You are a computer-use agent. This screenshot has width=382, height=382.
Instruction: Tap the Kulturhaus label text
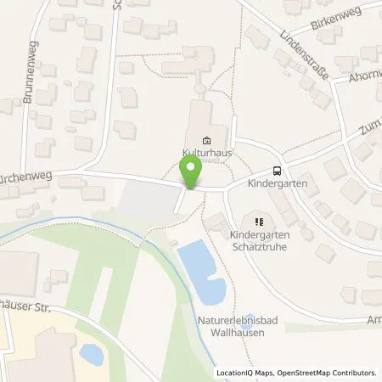(206, 153)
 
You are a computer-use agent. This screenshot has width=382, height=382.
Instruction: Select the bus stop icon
(277, 170)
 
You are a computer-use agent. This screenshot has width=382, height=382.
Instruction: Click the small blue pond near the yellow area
(90, 353)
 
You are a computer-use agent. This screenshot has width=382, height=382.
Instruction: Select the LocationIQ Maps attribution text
(246, 373)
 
